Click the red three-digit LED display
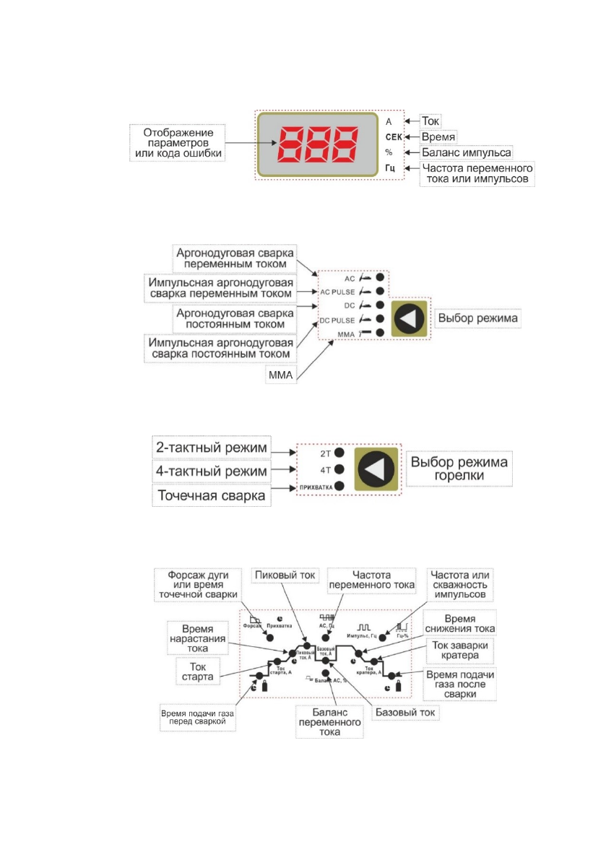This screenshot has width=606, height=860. pyautogui.click(x=316, y=145)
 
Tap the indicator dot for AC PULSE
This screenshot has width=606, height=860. pyautogui.click(x=380, y=292)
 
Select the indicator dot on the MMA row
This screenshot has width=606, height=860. pyautogui.click(x=380, y=334)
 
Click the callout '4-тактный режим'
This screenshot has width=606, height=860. pyautogui.click(x=209, y=471)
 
